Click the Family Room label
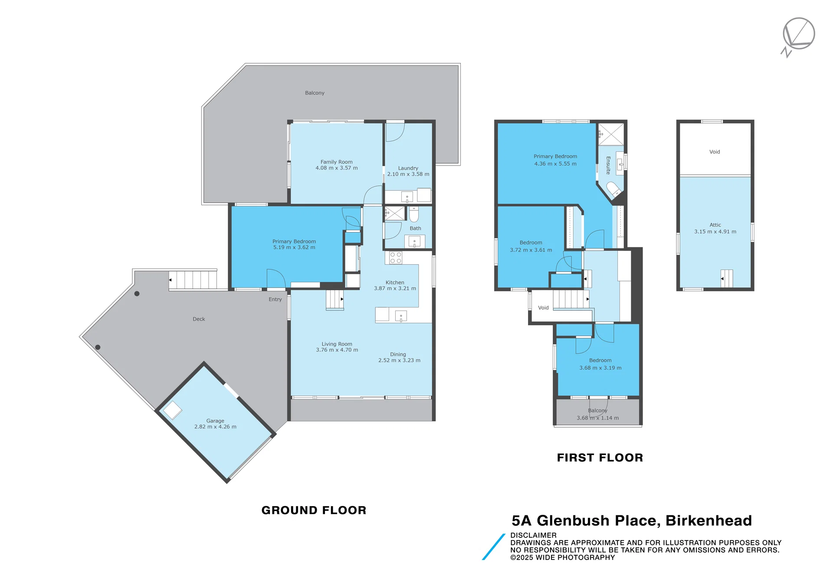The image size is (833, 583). pos(336,162)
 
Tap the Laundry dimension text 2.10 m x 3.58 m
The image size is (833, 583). pos(408,174)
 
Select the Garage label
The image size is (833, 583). pos(215,421)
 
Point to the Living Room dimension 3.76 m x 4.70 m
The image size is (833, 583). pos(337,350)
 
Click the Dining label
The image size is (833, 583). pos(398,354)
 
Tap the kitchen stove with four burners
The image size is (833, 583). pos(395,258)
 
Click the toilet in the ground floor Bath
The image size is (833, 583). pos(414,214)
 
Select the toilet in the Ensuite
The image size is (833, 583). pos(613,189)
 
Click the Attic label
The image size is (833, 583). pos(715,225)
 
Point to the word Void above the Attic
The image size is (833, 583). pos(715,152)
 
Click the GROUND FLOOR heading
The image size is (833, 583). pos(314,510)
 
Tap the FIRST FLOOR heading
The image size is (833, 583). pos(600,458)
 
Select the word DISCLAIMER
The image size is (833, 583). pos(533,535)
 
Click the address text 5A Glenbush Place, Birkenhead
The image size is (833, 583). pos(631,521)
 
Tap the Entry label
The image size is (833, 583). pos(275,299)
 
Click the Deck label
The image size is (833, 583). pos(199,319)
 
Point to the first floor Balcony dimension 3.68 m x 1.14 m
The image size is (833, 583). pos(597,418)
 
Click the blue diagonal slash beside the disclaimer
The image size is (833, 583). pos(494,547)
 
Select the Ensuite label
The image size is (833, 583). pos(608,165)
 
